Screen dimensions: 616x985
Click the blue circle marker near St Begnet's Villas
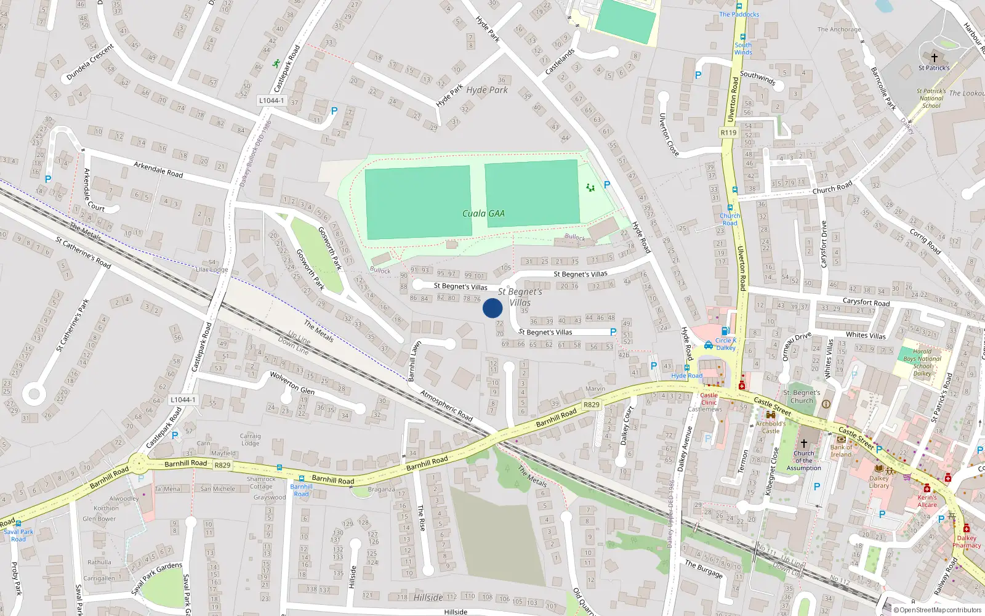pos(492,308)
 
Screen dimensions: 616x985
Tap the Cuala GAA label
pos(483,214)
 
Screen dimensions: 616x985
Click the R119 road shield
pos(728,132)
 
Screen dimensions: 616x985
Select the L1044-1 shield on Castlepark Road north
pos(271,100)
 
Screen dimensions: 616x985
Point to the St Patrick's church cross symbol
pos(934,57)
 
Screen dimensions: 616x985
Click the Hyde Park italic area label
pos(487,90)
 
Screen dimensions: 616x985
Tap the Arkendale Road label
pos(158,169)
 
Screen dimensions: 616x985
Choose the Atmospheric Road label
pos(446,405)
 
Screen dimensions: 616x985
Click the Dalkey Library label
pos(879,482)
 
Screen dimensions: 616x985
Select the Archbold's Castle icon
pos(770,415)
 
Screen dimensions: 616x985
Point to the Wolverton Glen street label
pos(292,383)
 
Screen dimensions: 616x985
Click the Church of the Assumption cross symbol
pos(803,443)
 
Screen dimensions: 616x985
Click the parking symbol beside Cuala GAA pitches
pos(607,185)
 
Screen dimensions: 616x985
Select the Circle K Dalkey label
pos(725,344)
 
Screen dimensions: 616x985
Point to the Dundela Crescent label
pos(90,62)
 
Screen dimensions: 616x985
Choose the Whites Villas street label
pos(866,335)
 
